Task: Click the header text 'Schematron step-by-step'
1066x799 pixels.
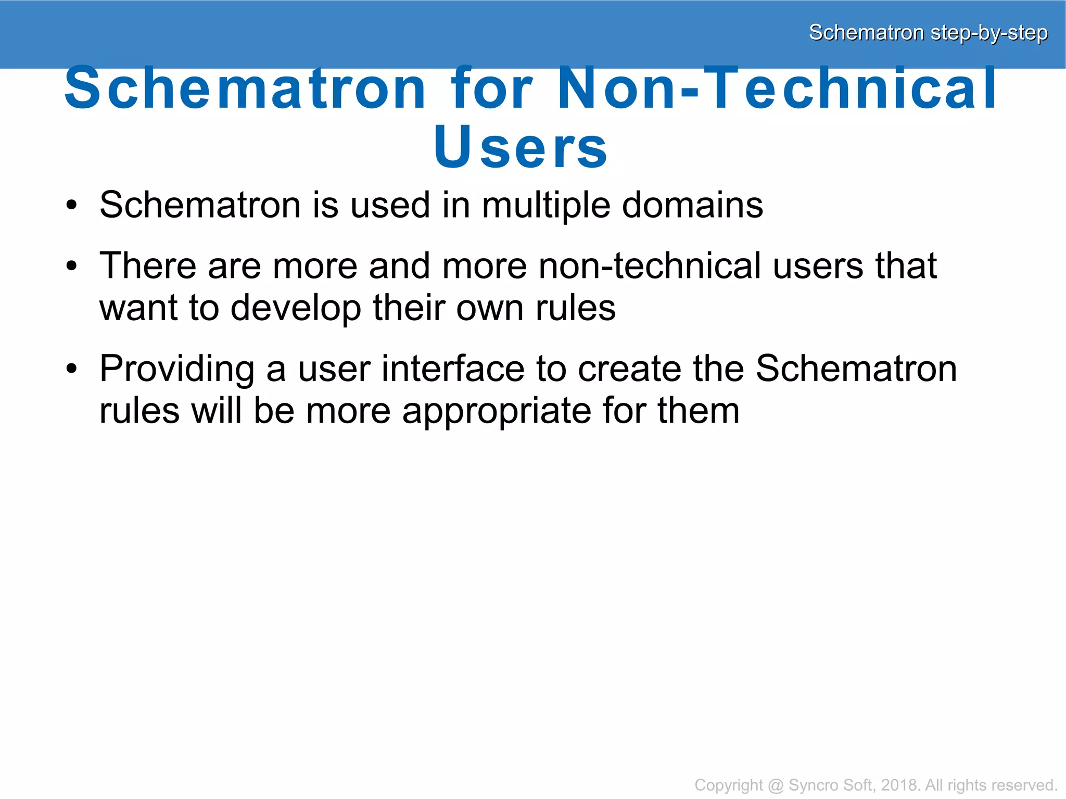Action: (x=928, y=33)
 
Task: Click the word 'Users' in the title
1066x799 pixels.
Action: (x=521, y=147)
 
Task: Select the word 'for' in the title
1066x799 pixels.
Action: (x=492, y=88)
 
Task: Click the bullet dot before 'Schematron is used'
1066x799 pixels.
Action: (x=71, y=206)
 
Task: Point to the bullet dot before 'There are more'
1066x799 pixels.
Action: (x=71, y=267)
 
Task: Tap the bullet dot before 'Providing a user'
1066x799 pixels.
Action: (x=71, y=370)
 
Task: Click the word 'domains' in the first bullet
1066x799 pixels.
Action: (x=692, y=205)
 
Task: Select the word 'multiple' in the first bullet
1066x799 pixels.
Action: (x=545, y=206)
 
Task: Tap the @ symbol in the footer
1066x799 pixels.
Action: (x=775, y=785)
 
